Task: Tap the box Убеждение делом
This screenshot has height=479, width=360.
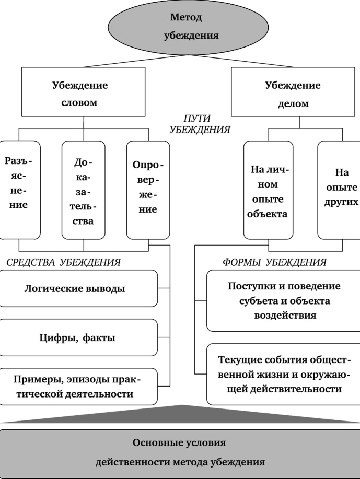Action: tap(293, 94)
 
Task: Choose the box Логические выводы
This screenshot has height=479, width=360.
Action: tap(78, 288)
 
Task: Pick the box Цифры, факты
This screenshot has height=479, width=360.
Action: tap(78, 338)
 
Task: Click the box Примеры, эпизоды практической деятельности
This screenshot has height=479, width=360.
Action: tap(78, 387)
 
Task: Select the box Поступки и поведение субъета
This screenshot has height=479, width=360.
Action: tap(283, 301)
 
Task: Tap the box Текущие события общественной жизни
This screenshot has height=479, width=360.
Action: tap(283, 375)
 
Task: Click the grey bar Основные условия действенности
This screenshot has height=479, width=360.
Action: tap(180, 452)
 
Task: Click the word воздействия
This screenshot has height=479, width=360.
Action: tap(284, 316)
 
